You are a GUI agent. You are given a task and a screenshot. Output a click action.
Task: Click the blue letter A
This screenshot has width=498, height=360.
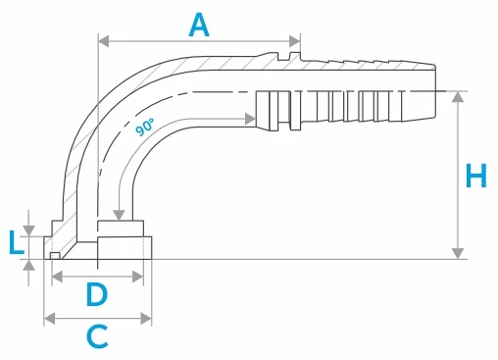point(199,26)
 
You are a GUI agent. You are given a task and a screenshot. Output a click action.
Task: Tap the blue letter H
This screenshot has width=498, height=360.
point(476,176)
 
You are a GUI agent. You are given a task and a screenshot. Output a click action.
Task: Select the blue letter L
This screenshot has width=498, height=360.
point(16,242)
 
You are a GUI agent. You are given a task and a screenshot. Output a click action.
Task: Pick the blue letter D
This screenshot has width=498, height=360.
point(97,294)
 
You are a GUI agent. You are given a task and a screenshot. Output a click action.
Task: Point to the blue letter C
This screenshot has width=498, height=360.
point(97,336)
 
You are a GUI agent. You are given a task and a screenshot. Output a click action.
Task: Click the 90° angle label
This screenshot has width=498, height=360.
point(145,128)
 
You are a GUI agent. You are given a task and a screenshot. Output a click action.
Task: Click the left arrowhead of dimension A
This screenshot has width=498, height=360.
point(104,41)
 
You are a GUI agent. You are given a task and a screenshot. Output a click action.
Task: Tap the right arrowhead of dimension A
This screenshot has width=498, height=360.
point(294,41)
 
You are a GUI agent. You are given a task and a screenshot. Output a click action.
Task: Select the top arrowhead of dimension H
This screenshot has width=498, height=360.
point(458,97)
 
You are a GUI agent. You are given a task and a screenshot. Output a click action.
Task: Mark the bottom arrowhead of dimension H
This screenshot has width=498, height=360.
point(458,253)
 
